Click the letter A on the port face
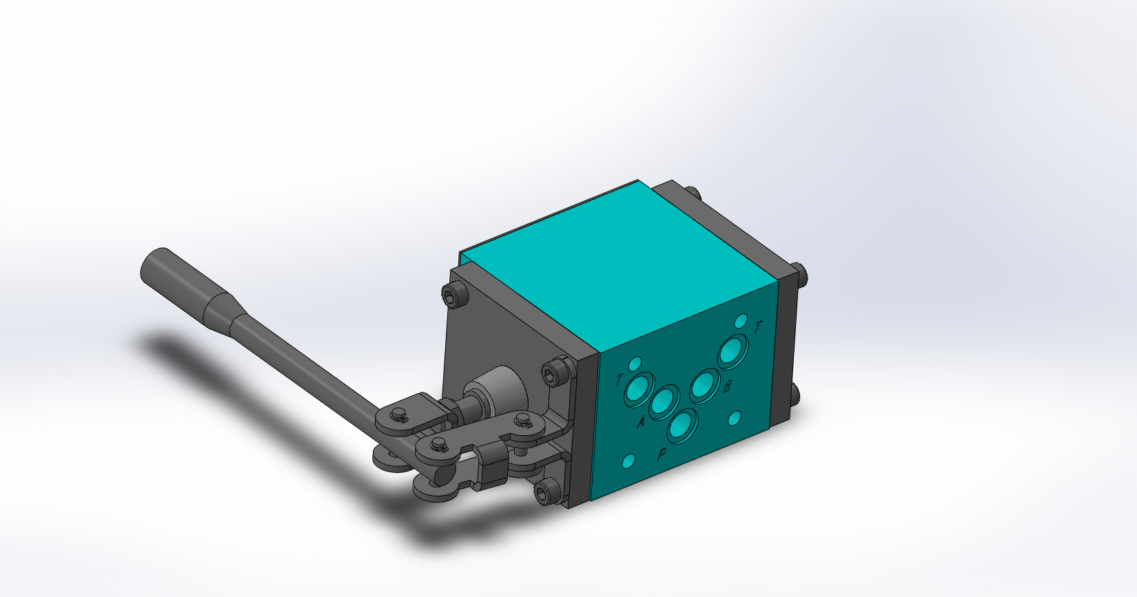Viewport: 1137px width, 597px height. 640,421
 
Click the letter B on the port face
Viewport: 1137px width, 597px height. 728,387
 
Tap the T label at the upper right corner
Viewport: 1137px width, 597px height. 758,328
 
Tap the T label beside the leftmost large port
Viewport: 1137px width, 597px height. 619,379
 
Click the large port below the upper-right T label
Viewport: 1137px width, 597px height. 732,352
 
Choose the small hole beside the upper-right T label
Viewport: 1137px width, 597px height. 741,320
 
